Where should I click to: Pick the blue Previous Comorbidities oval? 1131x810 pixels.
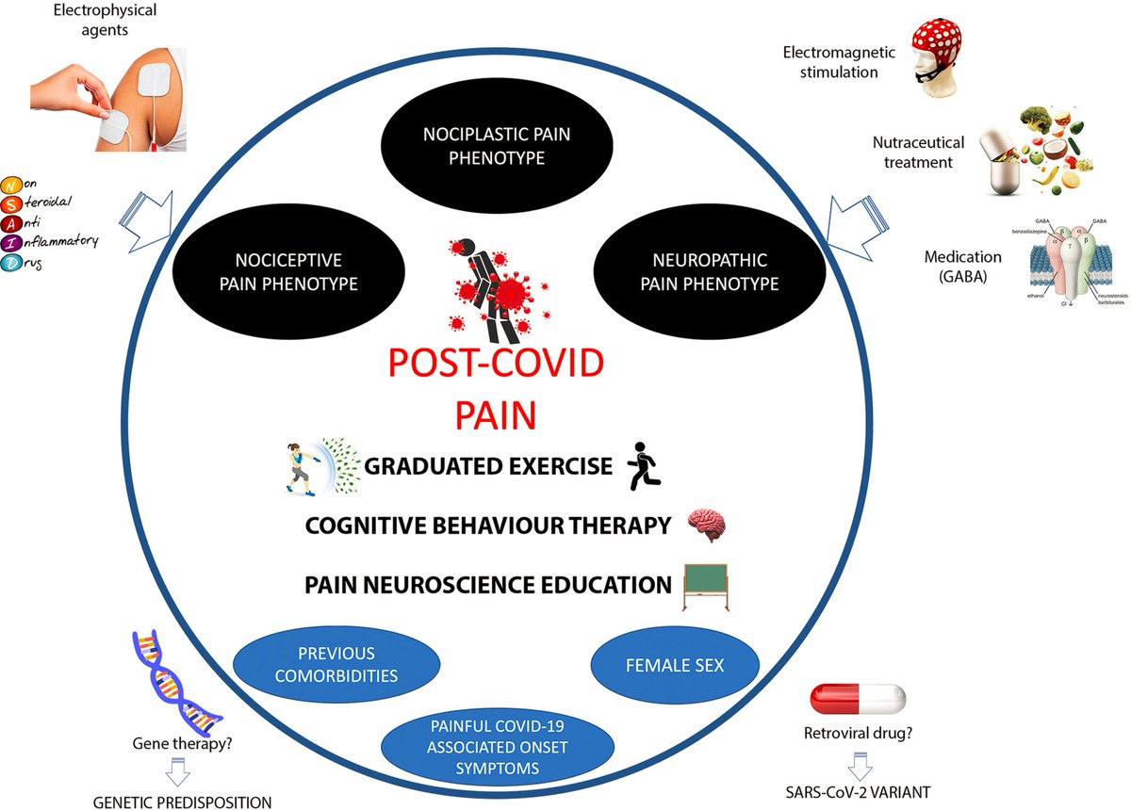pos(336,664)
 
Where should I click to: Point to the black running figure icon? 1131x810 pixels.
pos(644,464)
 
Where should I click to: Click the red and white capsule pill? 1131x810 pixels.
pos(858,699)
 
